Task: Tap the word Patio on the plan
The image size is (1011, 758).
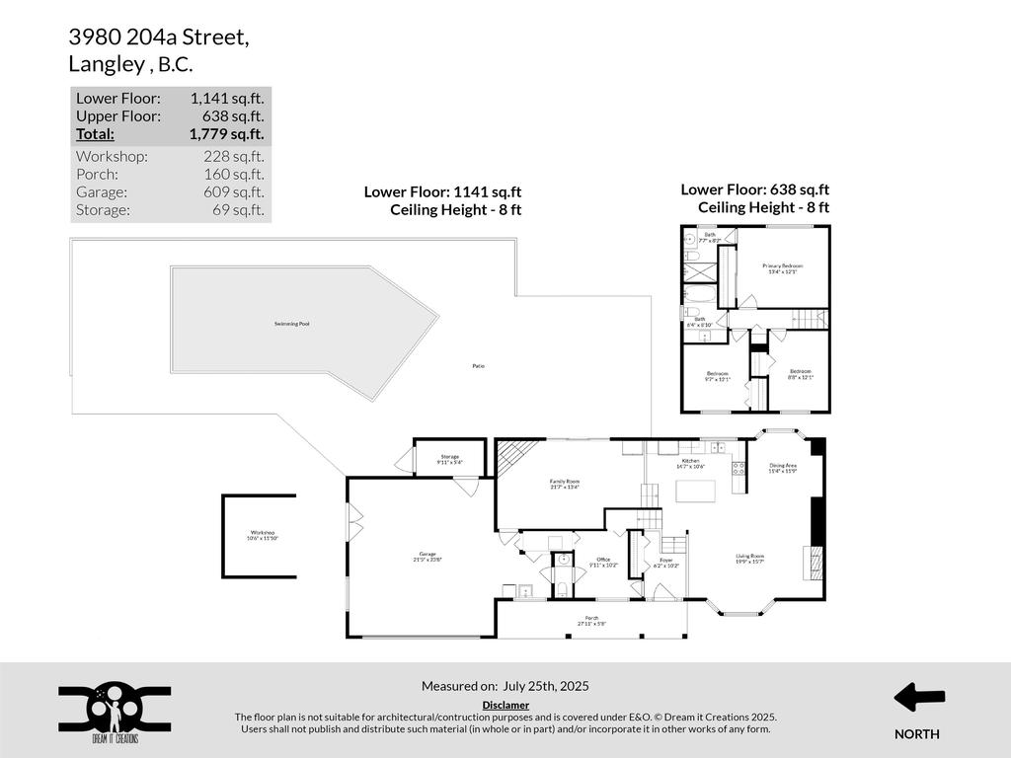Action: click(x=479, y=366)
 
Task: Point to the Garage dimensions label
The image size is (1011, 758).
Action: click(x=428, y=560)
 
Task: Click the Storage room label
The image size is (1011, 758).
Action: click(x=449, y=459)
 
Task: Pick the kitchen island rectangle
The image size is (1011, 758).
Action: click(x=695, y=491)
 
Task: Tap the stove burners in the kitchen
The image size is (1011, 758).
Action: click(x=738, y=468)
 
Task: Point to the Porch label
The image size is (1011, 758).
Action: click(x=592, y=621)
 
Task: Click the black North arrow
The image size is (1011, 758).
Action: click(x=918, y=698)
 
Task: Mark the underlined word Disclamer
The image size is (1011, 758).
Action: click(x=505, y=705)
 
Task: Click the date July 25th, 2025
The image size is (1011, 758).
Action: click(x=546, y=686)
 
